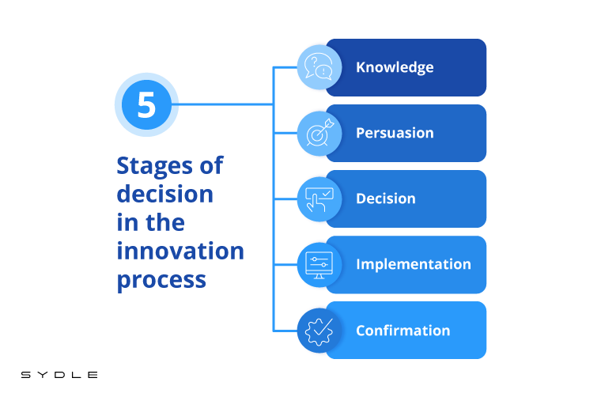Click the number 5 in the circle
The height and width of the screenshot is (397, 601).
[x=146, y=104]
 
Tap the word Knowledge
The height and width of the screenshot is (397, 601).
[x=395, y=67]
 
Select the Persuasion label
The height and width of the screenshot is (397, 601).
[x=395, y=133]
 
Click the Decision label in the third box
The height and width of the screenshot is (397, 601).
[x=386, y=198]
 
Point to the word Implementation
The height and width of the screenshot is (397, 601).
[x=414, y=264]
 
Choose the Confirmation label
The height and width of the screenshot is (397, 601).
[x=403, y=331]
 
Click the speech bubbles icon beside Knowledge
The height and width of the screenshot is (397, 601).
[x=319, y=66]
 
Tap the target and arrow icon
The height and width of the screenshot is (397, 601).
[x=319, y=133]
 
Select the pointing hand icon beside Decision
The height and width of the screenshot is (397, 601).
[x=319, y=199]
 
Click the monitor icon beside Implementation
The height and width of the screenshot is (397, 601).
[x=319, y=265]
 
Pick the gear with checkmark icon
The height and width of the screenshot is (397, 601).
[x=319, y=331]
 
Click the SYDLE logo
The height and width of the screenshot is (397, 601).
[x=59, y=375]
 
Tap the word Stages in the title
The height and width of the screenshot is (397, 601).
[x=154, y=167]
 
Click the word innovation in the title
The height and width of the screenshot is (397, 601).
[x=180, y=251]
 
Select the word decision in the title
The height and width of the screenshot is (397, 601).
[x=164, y=194]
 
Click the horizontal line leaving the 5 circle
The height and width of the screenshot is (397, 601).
[x=223, y=104]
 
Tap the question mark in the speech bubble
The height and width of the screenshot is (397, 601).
[x=314, y=62]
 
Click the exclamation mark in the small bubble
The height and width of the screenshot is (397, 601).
[x=324, y=71]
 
